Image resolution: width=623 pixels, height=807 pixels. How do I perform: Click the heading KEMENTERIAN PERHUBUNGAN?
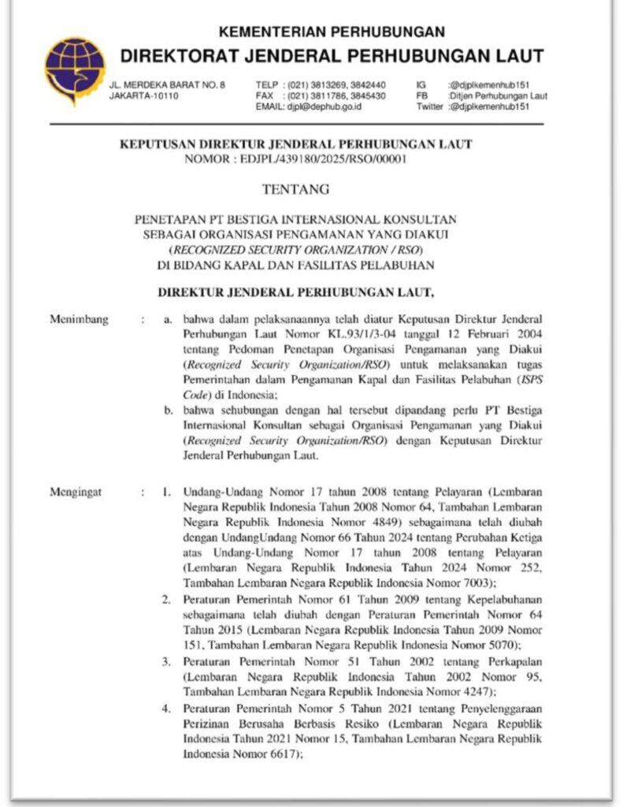(332, 32)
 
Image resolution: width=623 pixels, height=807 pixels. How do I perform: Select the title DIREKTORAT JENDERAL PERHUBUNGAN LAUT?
(332, 57)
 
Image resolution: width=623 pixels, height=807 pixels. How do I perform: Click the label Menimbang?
(79, 320)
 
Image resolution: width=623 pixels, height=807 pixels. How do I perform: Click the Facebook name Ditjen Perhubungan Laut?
(498, 95)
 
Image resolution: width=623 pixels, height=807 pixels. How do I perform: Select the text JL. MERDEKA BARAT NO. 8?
(167, 84)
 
